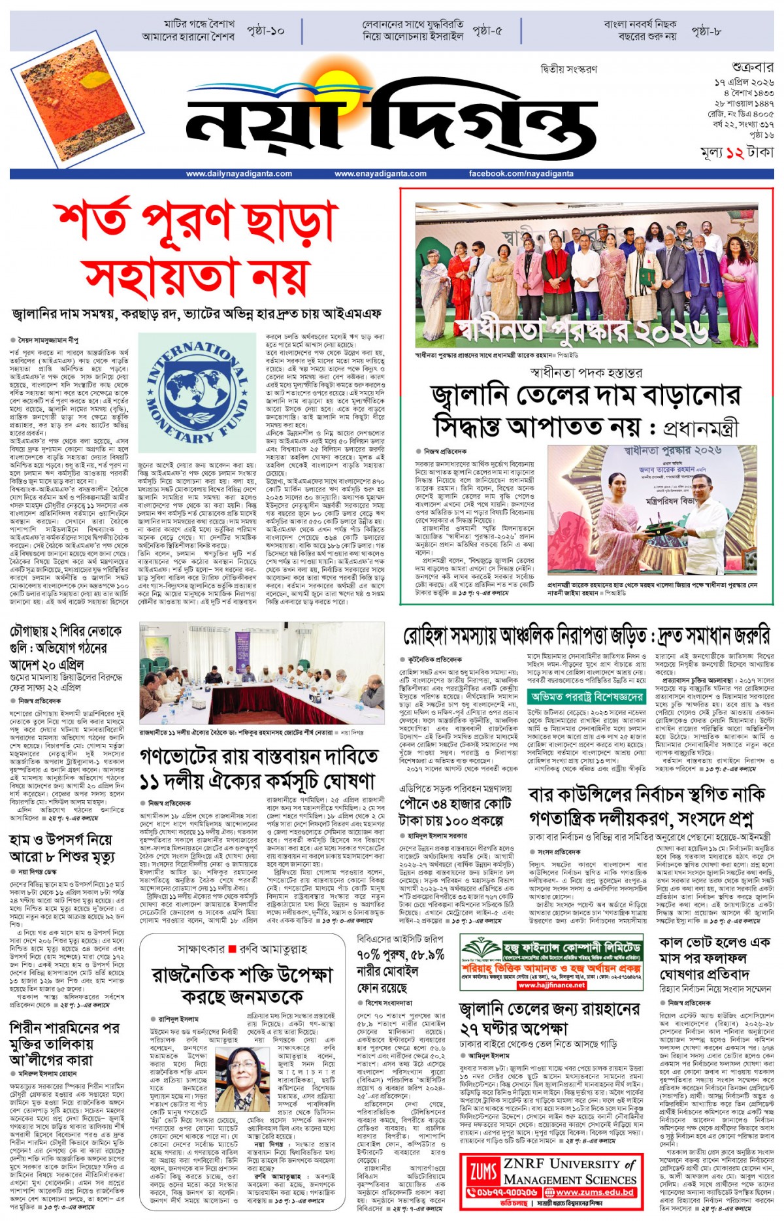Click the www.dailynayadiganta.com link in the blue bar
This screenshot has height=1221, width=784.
(238, 174)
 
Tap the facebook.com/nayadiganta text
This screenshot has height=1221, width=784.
(521, 174)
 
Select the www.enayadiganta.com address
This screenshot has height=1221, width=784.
(380, 174)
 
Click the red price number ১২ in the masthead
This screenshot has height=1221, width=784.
(734, 153)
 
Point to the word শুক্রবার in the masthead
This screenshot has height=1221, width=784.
(752, 67)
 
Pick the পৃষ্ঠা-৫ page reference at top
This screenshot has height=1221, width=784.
(487, 31)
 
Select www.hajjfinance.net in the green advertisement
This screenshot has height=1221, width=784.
(551, 985)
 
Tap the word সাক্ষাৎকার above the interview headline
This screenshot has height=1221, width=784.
(201, 949)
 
